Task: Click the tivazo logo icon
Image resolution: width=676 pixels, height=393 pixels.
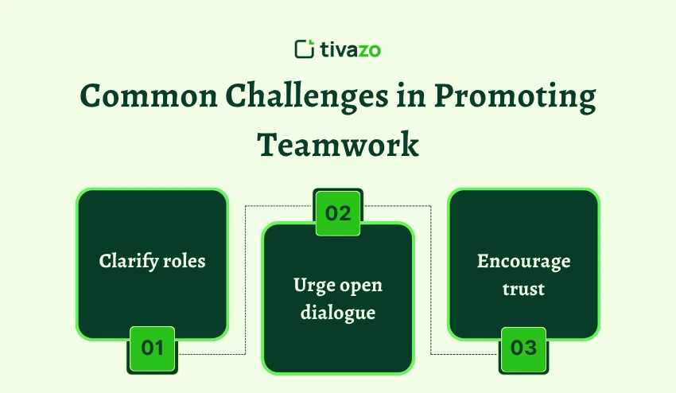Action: [x=305, y=49]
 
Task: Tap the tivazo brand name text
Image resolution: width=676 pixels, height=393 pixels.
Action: [x=351, y=49]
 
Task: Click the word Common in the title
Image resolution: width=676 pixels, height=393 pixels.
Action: [x=149, y=95]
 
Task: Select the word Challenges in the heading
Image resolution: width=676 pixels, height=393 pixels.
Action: [x=306, y=96]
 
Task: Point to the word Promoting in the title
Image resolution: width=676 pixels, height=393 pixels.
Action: [x=515, y=96]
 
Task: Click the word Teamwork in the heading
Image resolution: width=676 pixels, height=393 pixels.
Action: [x=338, y=145]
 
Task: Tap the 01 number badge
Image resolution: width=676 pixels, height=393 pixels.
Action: [x=152, y=348]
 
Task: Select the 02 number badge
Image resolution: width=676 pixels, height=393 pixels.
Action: [x=338, y=213]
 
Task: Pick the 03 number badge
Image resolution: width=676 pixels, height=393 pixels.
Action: [x=523, y=348]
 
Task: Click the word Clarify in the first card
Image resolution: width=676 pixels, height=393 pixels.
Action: [x=129, y=262]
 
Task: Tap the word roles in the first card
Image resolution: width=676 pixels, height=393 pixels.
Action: [x=185, y=262]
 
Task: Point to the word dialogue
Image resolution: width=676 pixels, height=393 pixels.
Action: [x=338, y=313]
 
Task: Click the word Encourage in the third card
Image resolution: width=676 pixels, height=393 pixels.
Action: [x=524, y=262]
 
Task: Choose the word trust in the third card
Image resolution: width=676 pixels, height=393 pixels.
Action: [x=523, y=289]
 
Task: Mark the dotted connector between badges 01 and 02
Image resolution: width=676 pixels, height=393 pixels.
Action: [x=245, y=280]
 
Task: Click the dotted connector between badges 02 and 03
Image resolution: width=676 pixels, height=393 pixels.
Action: [x=431, y=280]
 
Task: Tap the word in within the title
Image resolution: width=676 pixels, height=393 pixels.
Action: [x=411, y=95]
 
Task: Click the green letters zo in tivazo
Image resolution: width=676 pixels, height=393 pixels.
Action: [x=370, y=51]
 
